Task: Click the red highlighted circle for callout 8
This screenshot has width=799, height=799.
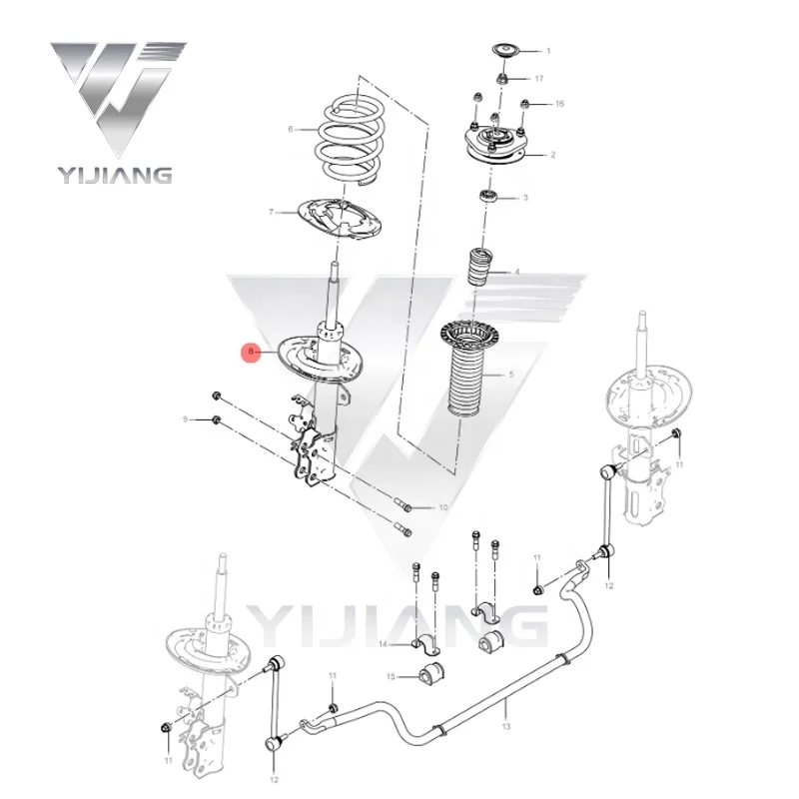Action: click(x=254, y=352)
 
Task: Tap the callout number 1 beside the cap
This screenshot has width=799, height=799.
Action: click(x=547, y=50)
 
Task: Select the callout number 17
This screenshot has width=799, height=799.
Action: click(x=539, y=78)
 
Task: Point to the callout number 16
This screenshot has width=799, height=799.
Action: click(x=559, y=104)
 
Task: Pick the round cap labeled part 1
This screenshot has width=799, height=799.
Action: click(x=505, y=51)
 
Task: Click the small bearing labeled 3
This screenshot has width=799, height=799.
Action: click(x=490, y=196)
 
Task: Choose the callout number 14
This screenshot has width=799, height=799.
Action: click(x=383, y=645)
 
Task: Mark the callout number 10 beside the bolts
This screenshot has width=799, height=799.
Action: click(x=444, y=508)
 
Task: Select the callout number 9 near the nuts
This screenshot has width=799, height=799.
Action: click(x=185, y=418)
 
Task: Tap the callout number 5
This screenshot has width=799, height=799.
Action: click(x=511, y=374)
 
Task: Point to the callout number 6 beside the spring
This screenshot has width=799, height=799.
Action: click(x=291, y=129)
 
